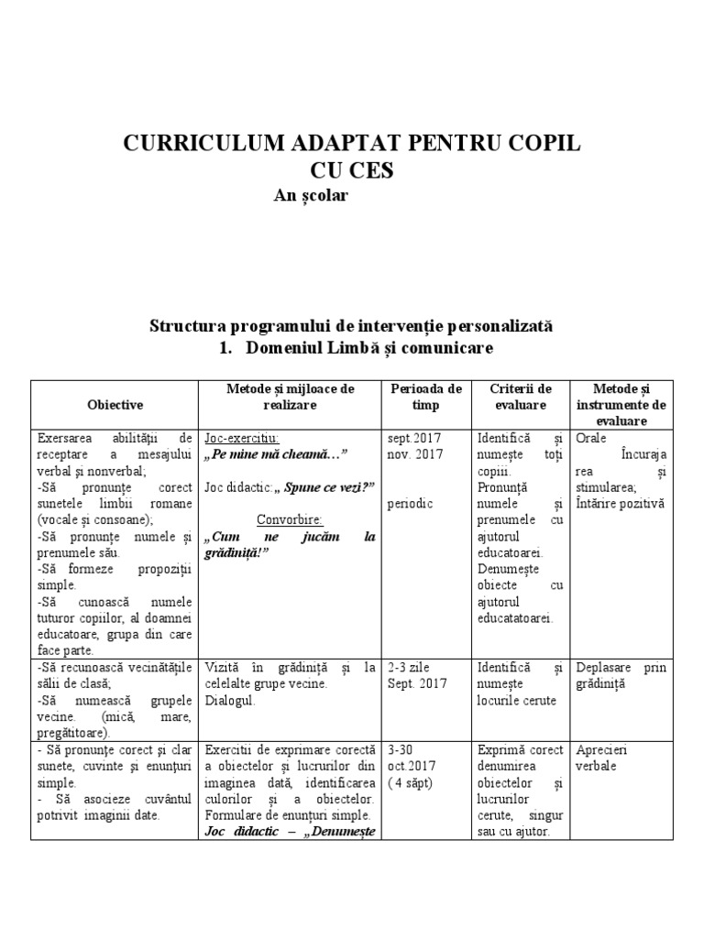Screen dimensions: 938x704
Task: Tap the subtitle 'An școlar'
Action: (311, 195)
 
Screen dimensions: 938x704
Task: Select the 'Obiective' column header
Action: (115, 404)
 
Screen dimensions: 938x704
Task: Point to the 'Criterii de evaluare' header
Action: (520, 397)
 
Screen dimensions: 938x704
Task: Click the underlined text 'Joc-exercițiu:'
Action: (243, 438)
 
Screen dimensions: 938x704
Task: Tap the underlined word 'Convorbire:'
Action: (290, 520)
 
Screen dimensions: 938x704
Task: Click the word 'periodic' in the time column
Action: (410, 504)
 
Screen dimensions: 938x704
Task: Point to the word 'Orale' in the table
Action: (593, 438)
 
